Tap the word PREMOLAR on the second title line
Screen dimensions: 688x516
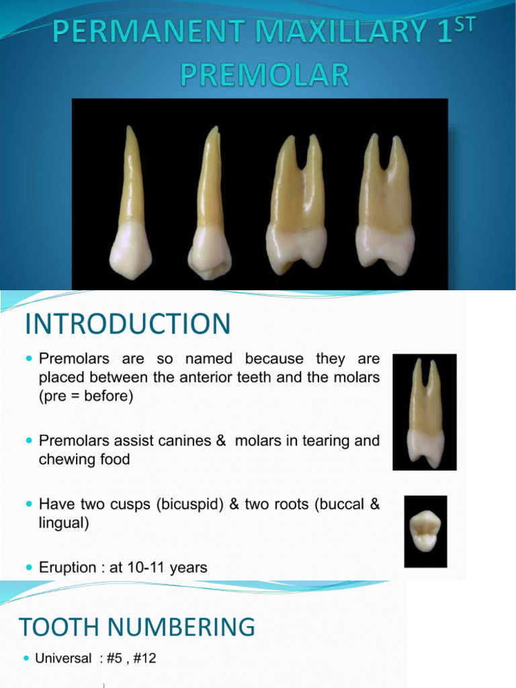click(x=265, y=75)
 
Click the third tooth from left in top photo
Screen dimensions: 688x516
click(x=296, y=208)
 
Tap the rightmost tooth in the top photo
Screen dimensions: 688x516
click(x=386, y=208)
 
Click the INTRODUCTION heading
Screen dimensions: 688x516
click(x=128, y=325)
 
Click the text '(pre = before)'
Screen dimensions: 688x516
click(x=87, y=396)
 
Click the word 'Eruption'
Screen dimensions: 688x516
click(x=68, y=567)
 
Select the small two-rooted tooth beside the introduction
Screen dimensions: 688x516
click(x=425, y=411)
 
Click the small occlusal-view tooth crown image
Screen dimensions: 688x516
click(x=425, y=531)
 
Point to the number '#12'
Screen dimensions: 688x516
click(x=144, y=658)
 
